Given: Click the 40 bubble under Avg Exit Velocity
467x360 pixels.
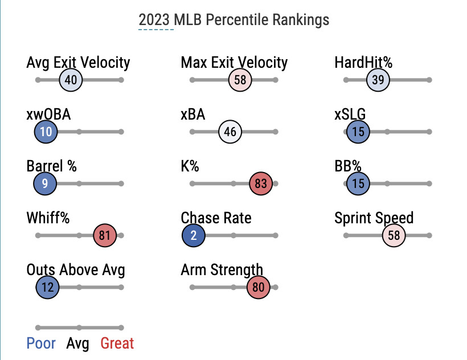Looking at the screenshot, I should tap(71, 80).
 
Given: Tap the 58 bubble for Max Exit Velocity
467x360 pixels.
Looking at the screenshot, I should tap(240, 80).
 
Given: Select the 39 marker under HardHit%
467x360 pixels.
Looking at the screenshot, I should tap(378, 80).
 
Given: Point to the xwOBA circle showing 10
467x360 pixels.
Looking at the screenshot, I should tap(46, 132).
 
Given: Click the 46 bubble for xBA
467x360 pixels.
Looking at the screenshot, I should tap(230, 132).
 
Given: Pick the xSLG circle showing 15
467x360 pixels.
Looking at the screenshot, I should tap(358, 132).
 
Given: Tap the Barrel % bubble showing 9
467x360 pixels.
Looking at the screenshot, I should tap(45, 183).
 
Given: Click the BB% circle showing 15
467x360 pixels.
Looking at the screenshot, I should tap(358, 183).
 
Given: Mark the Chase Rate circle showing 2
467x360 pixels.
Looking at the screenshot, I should tap(194, 235).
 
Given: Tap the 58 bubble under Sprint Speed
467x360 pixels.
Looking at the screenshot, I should tap(394, 235).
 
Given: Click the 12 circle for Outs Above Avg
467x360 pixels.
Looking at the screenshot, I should tap(47, 287).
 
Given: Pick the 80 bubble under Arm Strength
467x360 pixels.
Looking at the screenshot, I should tap(259, 287).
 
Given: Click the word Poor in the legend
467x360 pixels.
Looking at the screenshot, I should tap(41, 343).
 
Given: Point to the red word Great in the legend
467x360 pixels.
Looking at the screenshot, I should tap(117, 343).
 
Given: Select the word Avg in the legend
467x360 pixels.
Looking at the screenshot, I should tap(78, 343).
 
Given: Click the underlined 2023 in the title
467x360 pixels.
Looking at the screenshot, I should tap(155, 19).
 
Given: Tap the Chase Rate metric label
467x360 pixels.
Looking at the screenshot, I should tap(216, 218).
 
